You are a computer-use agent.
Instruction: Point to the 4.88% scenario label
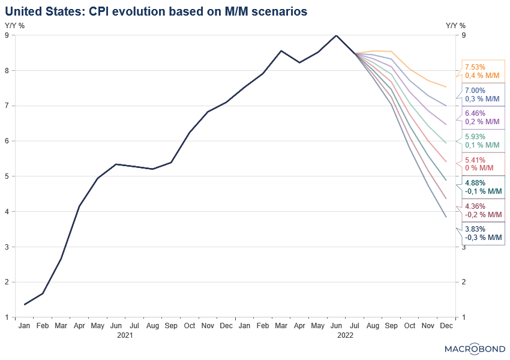click(483, 187)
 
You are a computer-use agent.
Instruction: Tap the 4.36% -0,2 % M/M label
click(483, 210)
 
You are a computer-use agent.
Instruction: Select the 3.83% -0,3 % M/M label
click(483, 233)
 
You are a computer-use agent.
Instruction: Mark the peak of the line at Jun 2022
click(336, 35)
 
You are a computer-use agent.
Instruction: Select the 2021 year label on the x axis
click(125, 336)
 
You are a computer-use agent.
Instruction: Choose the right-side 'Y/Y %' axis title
click(455, 26)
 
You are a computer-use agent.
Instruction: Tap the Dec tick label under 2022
click(446, 326)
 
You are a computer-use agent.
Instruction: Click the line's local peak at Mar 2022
click(281, 51)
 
